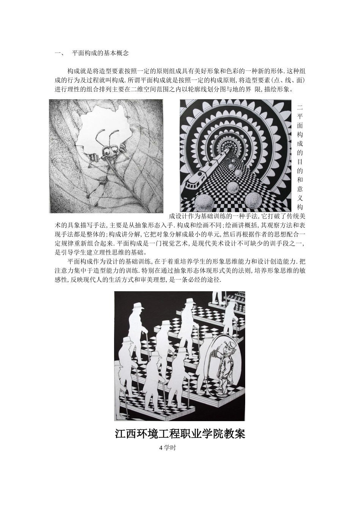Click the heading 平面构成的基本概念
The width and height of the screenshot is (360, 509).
click(100, 53)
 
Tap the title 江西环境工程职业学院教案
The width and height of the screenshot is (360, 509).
click(180, 433)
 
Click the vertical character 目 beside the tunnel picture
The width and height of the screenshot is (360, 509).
click(300, 161)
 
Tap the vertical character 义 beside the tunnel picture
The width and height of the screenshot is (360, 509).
click(300, 198)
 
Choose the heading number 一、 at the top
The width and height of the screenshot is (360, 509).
click(59, 53)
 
